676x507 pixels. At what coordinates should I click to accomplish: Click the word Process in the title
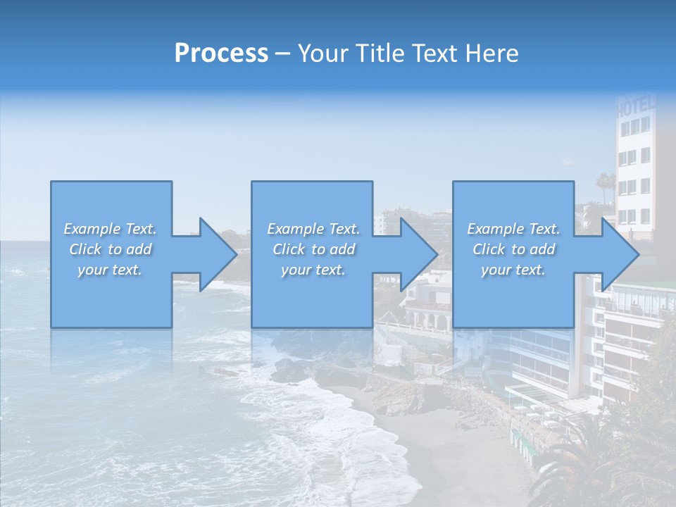(221, 54)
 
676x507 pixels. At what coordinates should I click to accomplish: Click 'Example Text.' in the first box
(110, 229)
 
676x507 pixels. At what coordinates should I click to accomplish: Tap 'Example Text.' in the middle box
(313, 229)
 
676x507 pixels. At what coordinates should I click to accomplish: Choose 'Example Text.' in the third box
(513, 229)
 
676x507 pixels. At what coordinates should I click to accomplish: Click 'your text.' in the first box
(110, 270)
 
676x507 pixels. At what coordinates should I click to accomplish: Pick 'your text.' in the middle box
(313, 270)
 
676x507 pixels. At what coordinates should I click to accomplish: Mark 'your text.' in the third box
(513, 270)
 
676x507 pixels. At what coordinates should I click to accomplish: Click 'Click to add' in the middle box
(313, 249)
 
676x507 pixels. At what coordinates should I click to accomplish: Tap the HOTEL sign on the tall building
(635, 108)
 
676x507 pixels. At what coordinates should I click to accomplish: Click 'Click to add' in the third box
(513, 249)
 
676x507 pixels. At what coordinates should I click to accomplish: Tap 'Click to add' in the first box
(110, 249)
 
